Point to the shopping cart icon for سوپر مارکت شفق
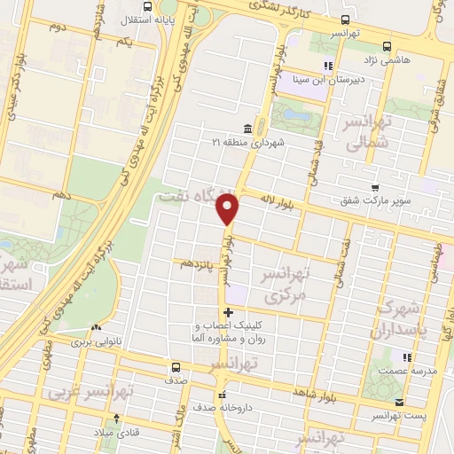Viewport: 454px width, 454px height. point(376,187)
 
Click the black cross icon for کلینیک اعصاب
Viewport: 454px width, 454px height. point(229,312)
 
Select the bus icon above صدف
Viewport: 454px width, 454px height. point(175,367)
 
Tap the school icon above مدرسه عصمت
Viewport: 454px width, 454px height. point(408,357)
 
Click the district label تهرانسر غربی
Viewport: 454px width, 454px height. point(90,390)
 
